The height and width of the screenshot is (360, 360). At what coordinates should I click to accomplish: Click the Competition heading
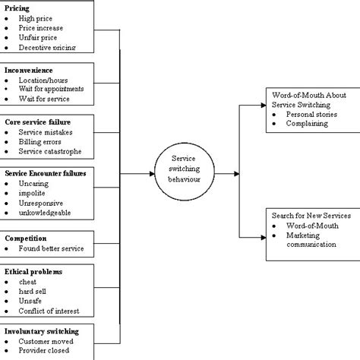pyautogui.click(x=27, y=238)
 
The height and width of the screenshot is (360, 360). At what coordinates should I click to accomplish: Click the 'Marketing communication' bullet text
pyautogui.click(x=308, y=240)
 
